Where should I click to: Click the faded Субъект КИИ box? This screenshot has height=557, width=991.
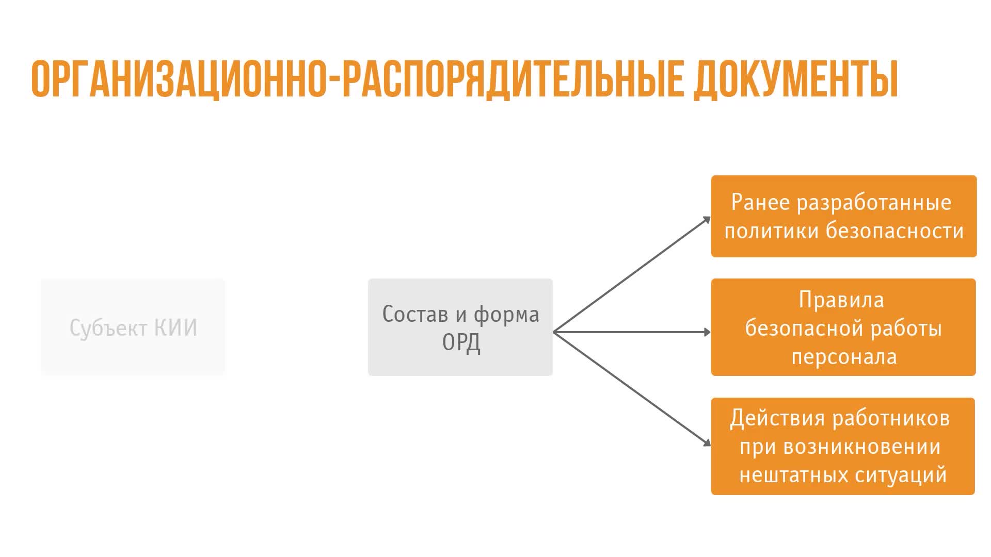[133, 327]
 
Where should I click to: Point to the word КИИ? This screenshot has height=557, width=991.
[176, 328]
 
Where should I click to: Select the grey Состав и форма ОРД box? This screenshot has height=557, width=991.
[460, 327]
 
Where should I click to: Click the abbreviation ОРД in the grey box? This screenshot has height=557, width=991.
[461, 342]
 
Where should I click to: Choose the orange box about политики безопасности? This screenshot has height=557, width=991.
[844, 216]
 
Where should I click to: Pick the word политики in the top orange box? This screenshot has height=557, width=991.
[771, 231]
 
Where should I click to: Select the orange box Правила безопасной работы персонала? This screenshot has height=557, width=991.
[843, 327]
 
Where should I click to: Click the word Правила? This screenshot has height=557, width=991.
[841, 300]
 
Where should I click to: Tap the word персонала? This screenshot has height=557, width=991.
[844, 357]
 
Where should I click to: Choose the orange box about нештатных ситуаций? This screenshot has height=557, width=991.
[843, 446]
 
